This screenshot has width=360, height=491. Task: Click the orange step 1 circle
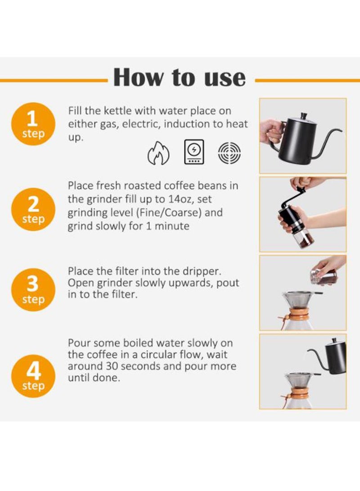point(33,124)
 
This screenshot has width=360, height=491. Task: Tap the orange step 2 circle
point(33,210)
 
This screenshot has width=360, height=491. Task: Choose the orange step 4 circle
point(33,376)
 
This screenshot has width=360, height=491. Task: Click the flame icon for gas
point(158,153)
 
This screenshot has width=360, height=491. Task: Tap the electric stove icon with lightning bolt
point(194,152)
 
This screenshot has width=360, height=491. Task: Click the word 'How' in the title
point(138,77)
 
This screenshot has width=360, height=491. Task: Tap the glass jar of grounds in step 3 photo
point(324,276)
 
